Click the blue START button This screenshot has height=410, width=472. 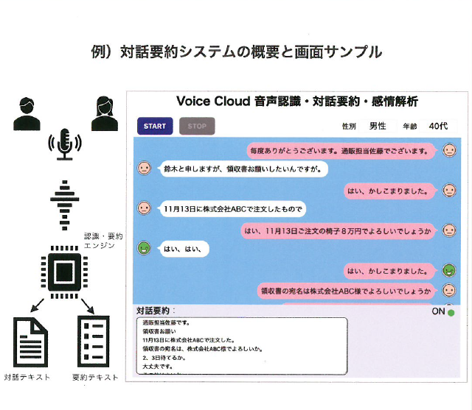pos(155,126)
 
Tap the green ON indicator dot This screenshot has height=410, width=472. pos(451,313)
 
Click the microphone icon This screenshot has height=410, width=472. pos(64,144)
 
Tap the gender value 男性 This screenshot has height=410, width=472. pos(378,126)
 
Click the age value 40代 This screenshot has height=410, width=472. pos(437,126)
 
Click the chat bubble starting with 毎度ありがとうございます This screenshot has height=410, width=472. pos(339,151)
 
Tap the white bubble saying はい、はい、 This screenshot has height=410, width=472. pos(183,249)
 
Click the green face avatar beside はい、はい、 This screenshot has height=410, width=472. pos(145,248)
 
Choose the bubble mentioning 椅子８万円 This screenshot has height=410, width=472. pos(339,230)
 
